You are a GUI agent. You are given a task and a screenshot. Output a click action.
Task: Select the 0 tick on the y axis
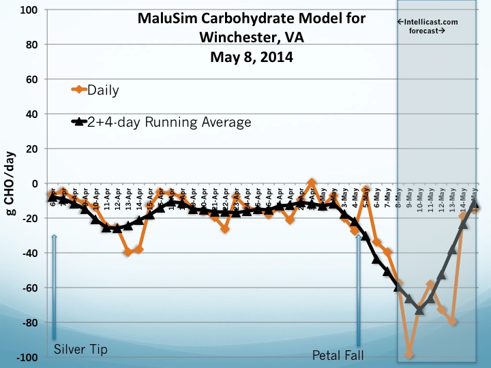35,183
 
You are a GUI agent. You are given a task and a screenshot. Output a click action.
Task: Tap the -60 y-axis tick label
30,288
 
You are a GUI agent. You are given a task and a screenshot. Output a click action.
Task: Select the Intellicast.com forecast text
427,27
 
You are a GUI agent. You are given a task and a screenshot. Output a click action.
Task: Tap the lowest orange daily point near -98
409,354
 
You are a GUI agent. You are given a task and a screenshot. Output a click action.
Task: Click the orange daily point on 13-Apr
128,252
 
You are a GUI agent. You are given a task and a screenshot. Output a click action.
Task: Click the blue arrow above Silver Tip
53,286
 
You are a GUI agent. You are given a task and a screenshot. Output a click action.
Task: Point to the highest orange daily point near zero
312,183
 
